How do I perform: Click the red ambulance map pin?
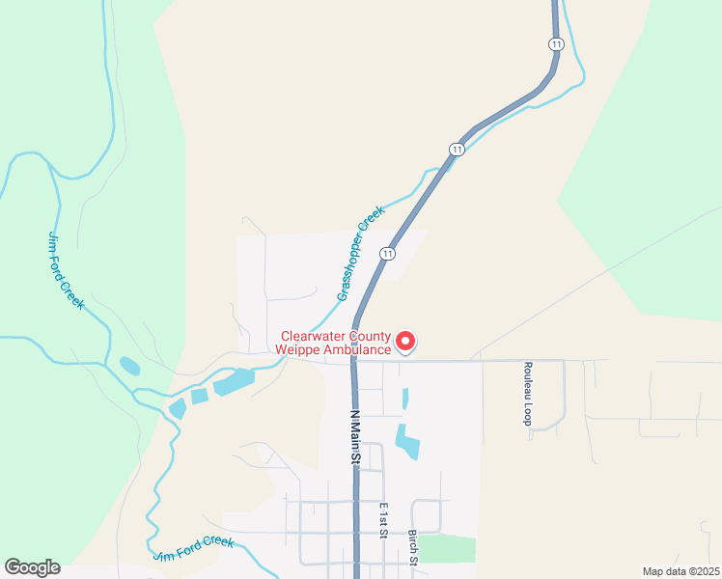(405, 342)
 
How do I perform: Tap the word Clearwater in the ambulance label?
(307, 337)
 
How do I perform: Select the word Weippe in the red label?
(297, 349)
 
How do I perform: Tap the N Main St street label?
(353, 438)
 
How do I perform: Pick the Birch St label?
(412, 546)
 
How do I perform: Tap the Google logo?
(32, 567)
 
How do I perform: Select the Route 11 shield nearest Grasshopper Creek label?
(387, 254)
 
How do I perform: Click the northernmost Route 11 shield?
(556, 44)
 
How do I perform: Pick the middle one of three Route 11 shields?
(456, 149)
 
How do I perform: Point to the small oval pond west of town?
(129, 366)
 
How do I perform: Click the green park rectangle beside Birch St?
(447, 548)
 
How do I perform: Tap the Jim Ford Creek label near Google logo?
(193, 549)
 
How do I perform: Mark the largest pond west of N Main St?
(234, 382)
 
